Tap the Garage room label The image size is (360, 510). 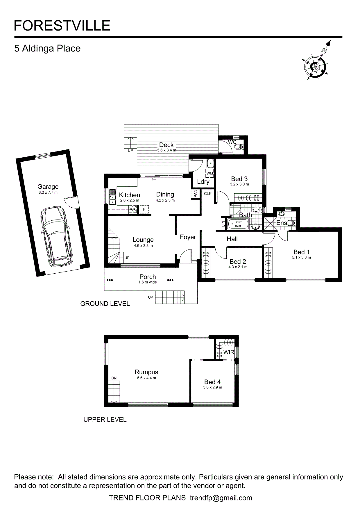[x=48, y=187]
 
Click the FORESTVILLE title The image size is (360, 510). [x=62, y=26]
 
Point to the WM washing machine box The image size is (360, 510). [x=209, y=173]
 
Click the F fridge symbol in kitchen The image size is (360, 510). [x=144, y=209]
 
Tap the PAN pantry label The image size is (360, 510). [x=196, y=193]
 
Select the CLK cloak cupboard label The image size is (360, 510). [x=208, y=194]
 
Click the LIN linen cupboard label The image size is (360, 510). [x=223, y=224]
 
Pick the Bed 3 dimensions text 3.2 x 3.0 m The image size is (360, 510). [x=239, y=184]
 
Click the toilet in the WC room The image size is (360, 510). [x=238, y=147]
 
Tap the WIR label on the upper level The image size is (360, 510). [x=229, y=352]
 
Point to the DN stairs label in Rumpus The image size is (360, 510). [x=114, y=378]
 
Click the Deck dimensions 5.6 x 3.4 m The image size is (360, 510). [x=166, y=150]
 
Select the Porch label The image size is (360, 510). [x=148, y=277]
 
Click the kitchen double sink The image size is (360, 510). [x=112, y=197]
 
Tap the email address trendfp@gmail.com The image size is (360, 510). [x=221, y=498]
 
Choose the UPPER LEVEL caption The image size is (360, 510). [x=105, y=420]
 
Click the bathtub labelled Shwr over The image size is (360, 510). [x=238, y=224]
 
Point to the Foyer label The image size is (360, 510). [x=188, y=237]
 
